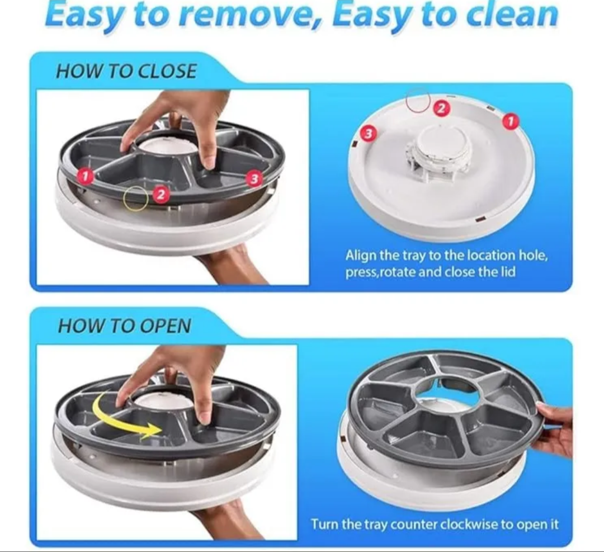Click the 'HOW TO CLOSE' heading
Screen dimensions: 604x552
(x=126, y=71)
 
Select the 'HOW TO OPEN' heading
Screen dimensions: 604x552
(x=124, y=326)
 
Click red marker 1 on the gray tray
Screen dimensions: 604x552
(x=86, y=176)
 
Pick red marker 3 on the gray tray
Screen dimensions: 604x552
(x=254, y=178)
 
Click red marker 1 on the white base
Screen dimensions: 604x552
(x=511, y=122)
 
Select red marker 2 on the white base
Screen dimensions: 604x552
(x=442, y=108)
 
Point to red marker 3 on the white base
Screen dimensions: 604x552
(x=368, y=133)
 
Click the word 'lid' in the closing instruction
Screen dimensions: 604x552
(x=507, y=272)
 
